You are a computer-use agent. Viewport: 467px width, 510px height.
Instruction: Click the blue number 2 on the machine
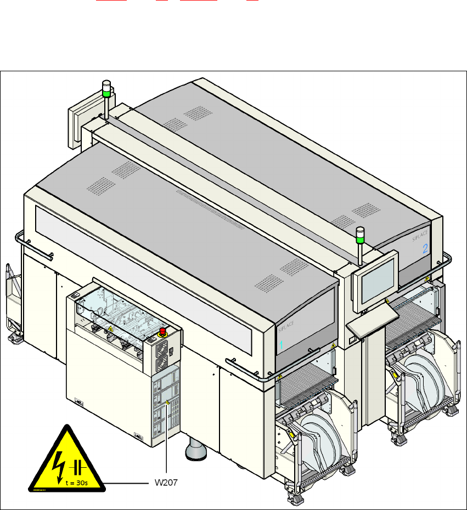[425, 248]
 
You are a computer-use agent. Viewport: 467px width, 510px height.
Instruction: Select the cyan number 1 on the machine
[282, 345]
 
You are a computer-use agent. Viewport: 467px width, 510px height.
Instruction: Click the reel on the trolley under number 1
[319, 433]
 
